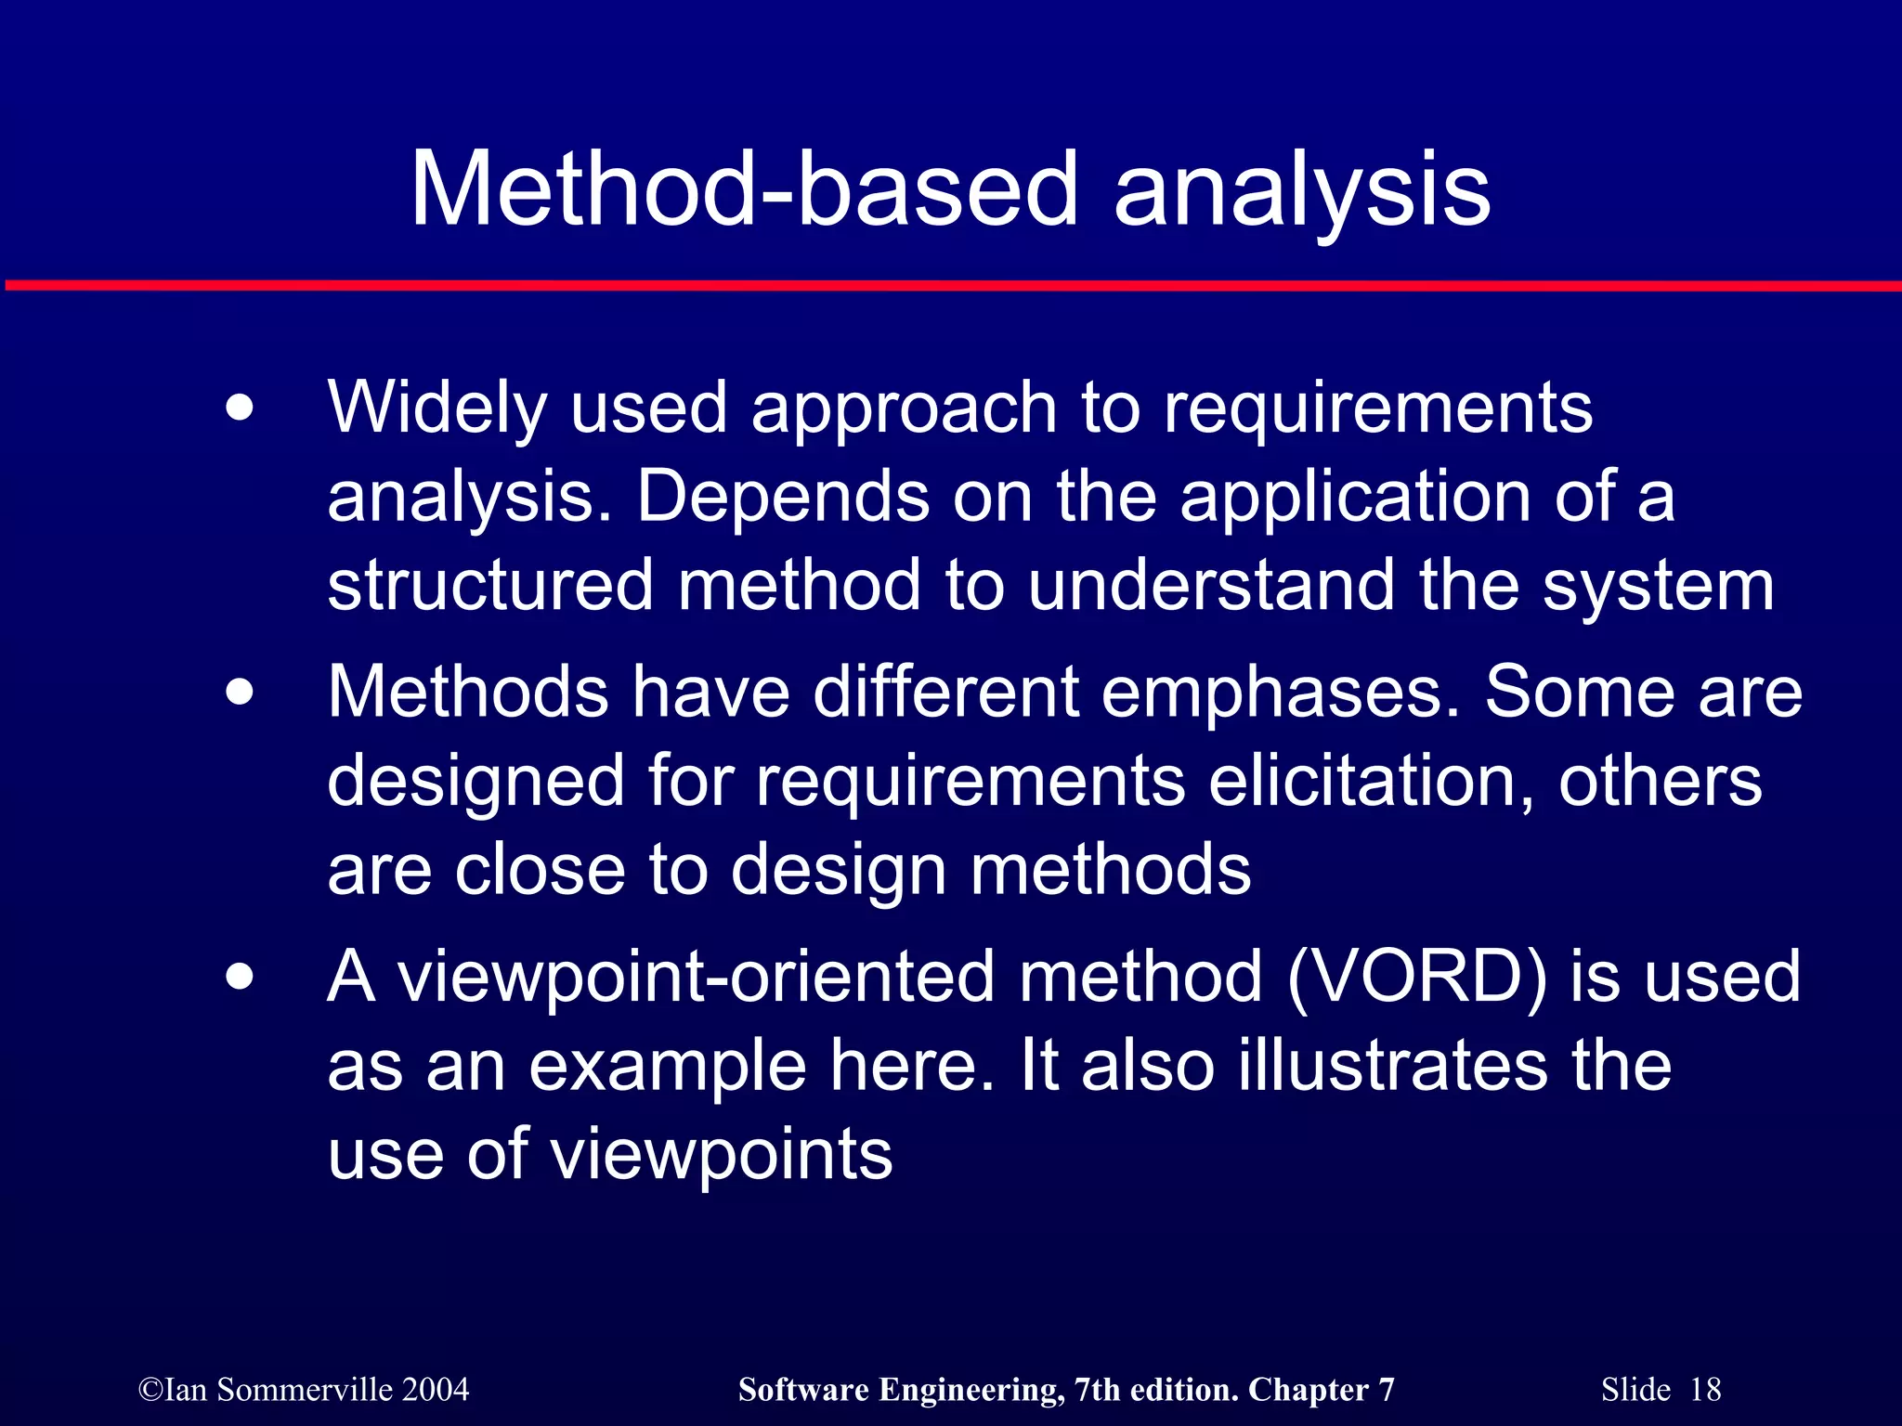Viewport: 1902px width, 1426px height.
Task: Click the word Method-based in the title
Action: (x=743, y=190)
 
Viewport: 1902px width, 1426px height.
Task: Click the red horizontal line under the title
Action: (x=951, y=285)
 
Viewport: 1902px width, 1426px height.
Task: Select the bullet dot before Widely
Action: (x=240, y=408)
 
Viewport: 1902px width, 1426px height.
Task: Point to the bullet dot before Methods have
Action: (x=240, y=693)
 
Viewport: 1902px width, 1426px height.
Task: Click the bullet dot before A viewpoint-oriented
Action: (x=240, y=977)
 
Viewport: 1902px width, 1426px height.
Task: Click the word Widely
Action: (x=436, y=408)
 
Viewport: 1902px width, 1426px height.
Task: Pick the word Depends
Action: (x=782, y=496)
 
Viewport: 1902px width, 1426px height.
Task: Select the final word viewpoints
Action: (x=722, y=1155)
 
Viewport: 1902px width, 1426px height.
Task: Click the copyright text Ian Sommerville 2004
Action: (x=304, y=1390)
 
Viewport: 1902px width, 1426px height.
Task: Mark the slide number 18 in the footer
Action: (x=1705, y=1390)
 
